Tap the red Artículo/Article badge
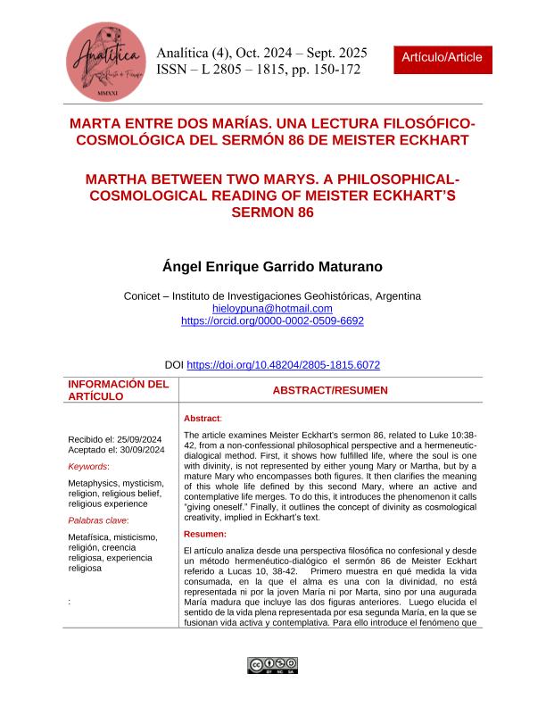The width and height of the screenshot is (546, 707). tap(442, 57)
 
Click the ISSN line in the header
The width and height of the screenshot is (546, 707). tap(258, 70)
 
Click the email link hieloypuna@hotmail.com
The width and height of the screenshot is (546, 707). tap(271, 308)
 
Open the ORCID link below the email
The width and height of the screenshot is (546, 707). tap(272, 320)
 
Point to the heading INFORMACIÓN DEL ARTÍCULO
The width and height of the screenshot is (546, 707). tap(119, 390)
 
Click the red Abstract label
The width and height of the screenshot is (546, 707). tap(203, 418)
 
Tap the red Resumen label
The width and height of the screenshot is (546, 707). tap(204, 534)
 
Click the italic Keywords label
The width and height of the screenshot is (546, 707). tap(88, 466)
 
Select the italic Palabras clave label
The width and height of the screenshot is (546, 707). tap(98, 520)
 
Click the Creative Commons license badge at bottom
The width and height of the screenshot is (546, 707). tap(272, 665)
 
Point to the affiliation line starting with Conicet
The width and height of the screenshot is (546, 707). tap(272, 296)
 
